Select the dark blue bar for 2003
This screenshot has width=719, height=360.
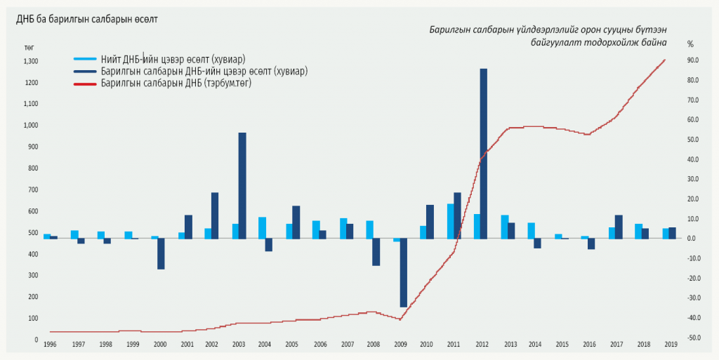pyautogui.click(x=242, y=185)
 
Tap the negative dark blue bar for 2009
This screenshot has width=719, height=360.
pyautogui.click(x=403, y=273)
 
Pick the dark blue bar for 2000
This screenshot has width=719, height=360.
pyautogui.click(x=161, y=253)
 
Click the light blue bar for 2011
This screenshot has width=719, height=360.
pyautogui.click(x=450, y=221)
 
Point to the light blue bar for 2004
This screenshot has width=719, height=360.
pyautogui.click(x=262, y=228)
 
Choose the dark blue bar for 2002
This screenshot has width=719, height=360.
pyautogui.click(x=215, y=215)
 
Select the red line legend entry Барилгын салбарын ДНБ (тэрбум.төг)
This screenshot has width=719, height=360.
pyautogui.click(x=176, y=83)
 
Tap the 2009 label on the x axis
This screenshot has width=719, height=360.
pyautogui.click(x=400, y=345)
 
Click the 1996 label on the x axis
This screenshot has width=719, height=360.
pyautogui.click(x=49, y=345)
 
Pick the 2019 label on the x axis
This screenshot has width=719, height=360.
pyautogui.click(x=671, y=345)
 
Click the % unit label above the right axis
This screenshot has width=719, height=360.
pyautogui.click(x=690, y=44)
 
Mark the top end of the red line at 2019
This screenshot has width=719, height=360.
pyautogui.click(x=664, y=60)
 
